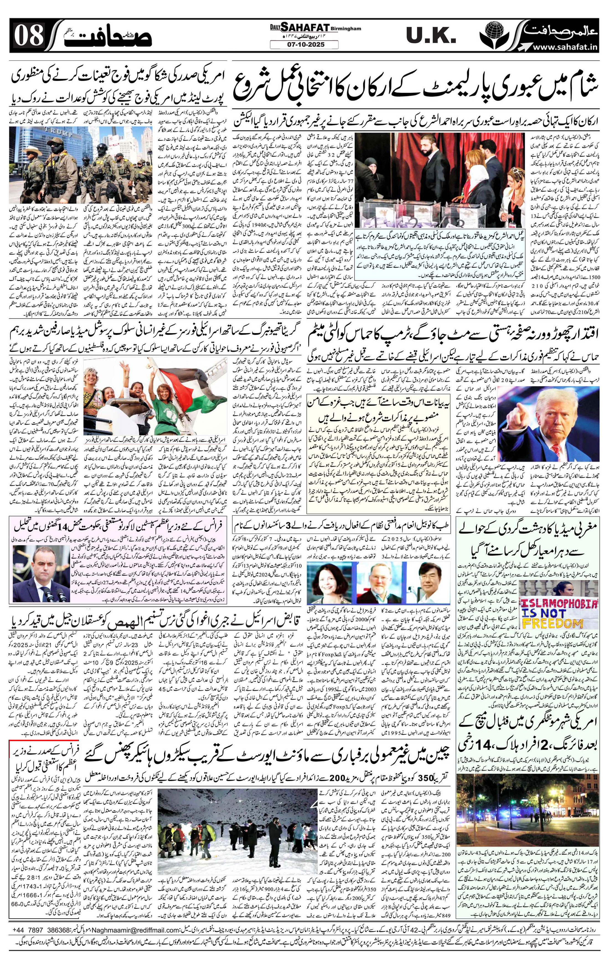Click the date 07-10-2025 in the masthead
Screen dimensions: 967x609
[304, 45]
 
